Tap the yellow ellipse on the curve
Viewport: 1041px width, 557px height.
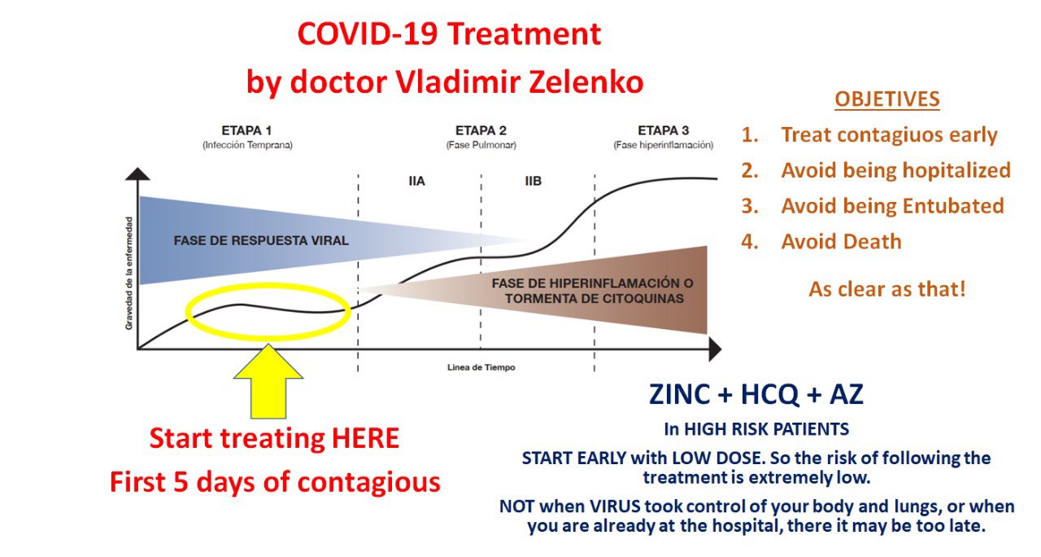click(268, 311)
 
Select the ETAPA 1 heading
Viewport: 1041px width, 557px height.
click(246, 130)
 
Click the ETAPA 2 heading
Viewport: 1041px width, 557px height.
click(481, 130)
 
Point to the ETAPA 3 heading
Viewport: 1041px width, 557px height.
click(663, 130)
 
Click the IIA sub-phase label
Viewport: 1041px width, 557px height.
click(416, 181)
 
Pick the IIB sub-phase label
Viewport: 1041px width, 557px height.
click(533, 181)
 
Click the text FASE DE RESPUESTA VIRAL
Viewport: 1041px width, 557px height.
click(260, 240)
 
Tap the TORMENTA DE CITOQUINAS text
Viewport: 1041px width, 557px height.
click(594, 298)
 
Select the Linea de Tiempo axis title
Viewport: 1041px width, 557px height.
click(481, 367)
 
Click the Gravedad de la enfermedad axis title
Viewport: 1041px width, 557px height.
click(128, 273)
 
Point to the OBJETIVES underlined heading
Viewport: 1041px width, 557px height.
click(886, 100)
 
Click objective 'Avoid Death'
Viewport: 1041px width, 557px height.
click(841, 242)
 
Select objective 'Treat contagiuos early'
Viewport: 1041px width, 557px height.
click(889, 135)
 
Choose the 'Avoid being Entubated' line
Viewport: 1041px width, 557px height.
click(892, 206)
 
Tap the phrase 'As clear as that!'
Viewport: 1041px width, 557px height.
click(886, 289)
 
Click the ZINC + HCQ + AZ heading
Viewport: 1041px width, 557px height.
click(756, 394)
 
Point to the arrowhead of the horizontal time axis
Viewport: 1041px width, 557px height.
click(714, 349)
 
